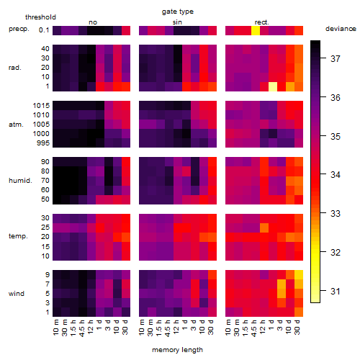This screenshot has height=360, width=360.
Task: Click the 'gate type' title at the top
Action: [x=178, y=12]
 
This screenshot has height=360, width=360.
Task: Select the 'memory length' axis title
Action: [x=177, y=350]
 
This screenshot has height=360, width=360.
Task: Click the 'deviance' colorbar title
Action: [x=341, y=29]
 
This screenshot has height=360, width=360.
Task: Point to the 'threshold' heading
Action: [x=40, y=17]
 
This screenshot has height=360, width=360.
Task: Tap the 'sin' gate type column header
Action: [x=177, y=22]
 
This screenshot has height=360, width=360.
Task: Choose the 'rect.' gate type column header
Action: [x=261, y=22]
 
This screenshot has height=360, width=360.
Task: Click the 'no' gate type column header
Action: [x=93, y=22]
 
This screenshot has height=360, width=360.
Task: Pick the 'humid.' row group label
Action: [x=20, y=181]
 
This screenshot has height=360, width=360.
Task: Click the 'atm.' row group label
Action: [x=16, y=125]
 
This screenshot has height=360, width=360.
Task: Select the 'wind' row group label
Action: [x=17, y=294]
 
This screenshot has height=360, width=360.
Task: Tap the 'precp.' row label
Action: [x=19, y=29]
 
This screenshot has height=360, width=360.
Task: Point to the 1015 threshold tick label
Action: [x=41, y=106]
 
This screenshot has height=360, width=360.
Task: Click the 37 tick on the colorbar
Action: [x=336, y=58]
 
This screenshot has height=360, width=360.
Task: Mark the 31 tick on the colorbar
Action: [x=336, y=292]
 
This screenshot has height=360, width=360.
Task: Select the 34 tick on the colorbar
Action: [x=336, y=175]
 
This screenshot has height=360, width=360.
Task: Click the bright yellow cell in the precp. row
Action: [x=256, y=30]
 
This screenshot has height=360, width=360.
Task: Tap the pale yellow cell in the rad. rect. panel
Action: [x=273, y=86]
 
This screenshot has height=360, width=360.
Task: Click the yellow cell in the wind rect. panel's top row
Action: [x=299, y=274]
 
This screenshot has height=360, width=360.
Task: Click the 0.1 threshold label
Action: [x=44, y=30]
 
